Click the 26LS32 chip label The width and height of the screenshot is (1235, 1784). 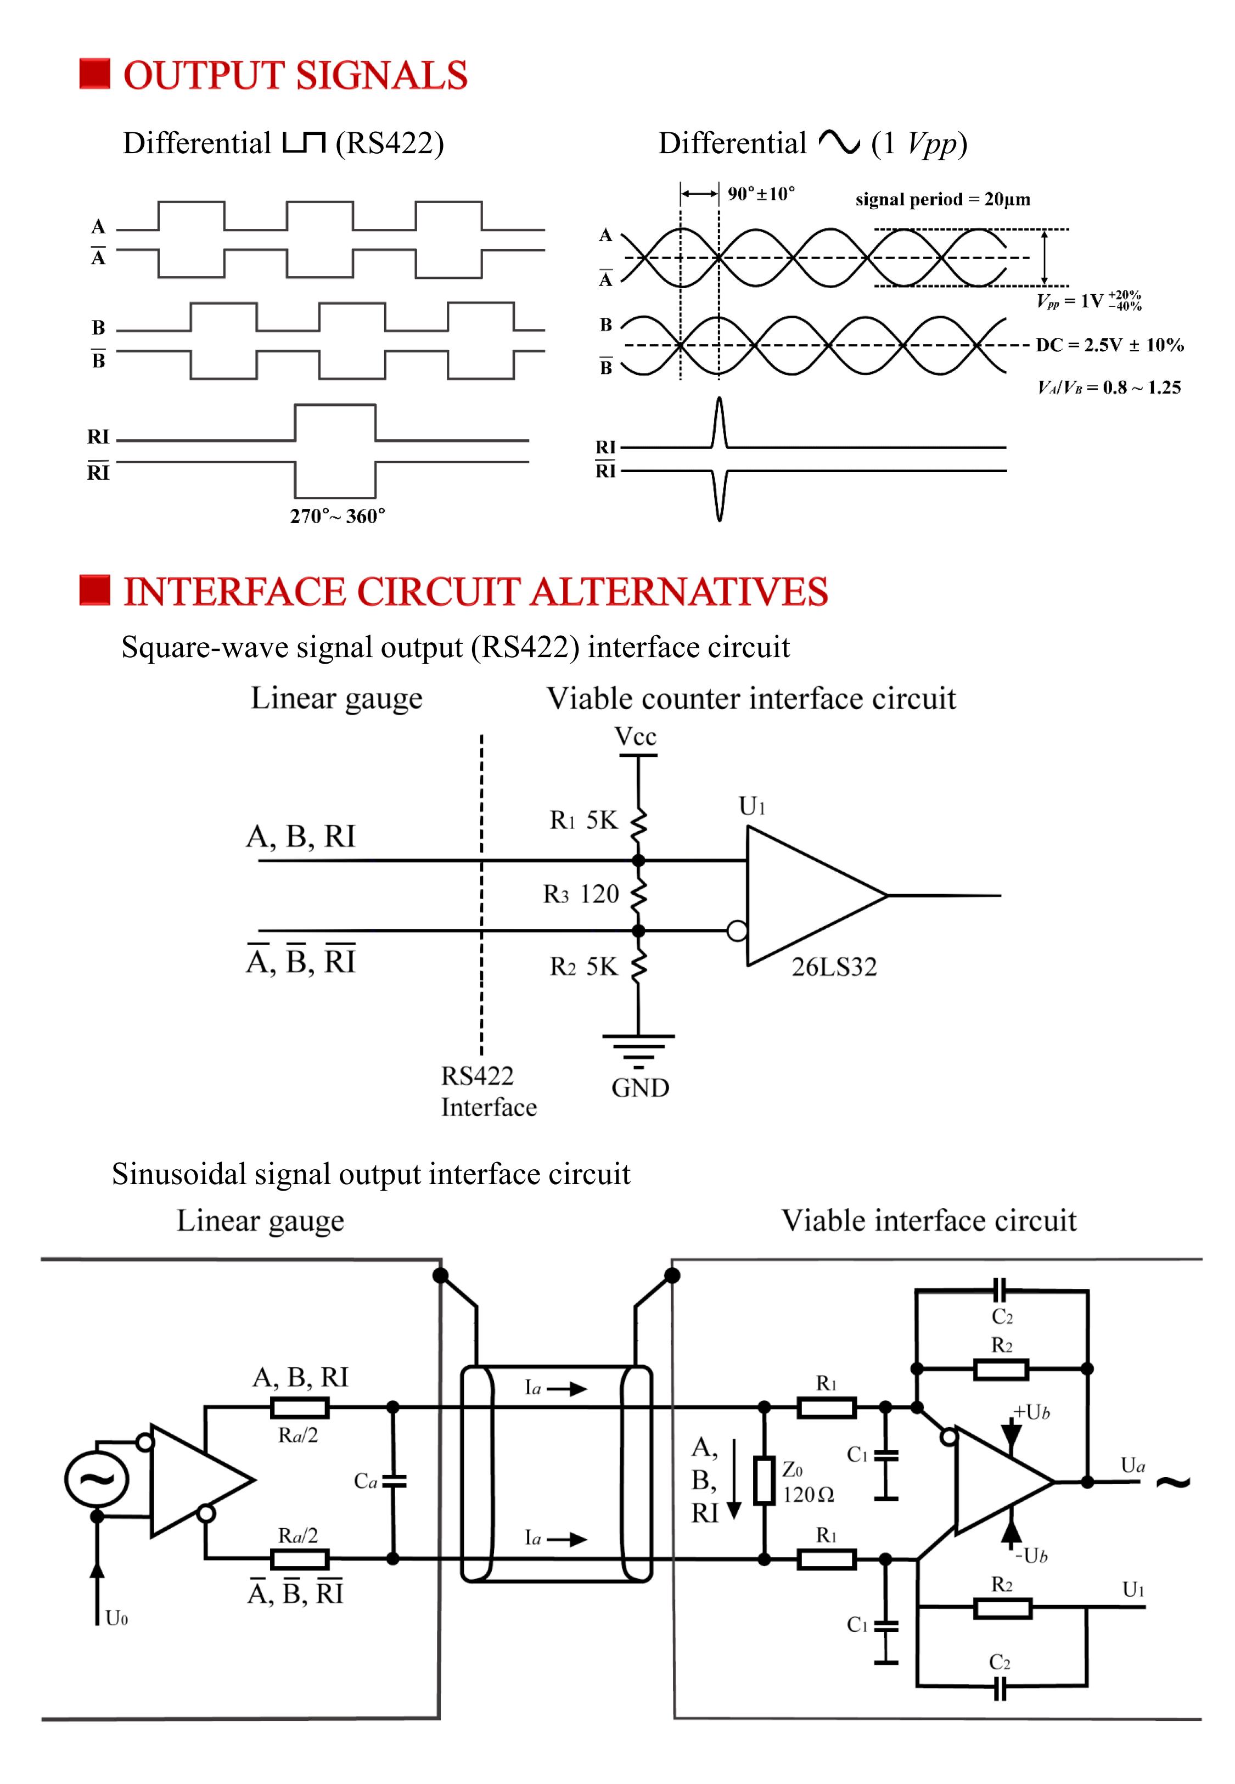click(834, 967)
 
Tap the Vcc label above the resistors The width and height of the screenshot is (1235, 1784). click(635, 737)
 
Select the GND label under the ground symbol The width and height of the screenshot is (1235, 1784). click(640, 1088)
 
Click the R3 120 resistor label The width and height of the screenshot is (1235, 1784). click(581, 894)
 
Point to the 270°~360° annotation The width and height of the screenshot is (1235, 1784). click(338, 516)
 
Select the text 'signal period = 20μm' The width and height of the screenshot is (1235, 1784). click(942, 200)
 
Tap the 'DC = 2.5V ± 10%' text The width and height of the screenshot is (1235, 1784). click(1110, 345)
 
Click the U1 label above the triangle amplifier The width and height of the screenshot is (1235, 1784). click(751, 807)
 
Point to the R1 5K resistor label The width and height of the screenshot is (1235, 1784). click(584, 820)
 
